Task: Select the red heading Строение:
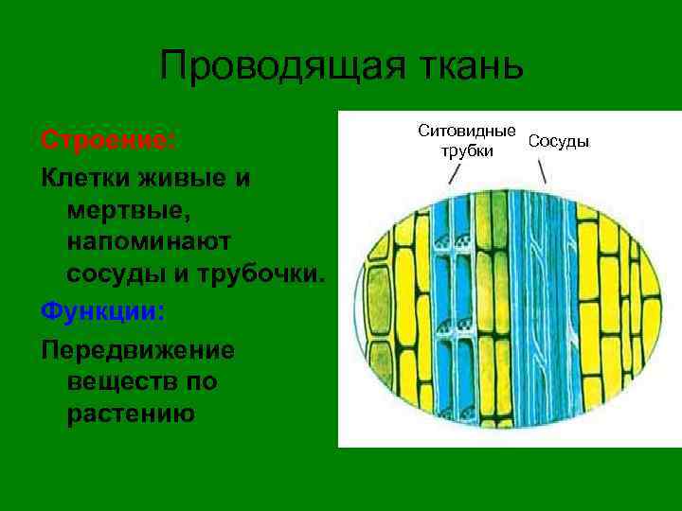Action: coord(107,140)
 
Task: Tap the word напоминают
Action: coord(150,241)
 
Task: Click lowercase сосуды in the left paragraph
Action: coord(116,273)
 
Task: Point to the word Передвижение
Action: coord(136,349)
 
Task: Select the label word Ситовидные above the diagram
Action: coord(467,132)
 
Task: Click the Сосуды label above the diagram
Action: coord(558,141)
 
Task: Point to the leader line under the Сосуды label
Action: coord(542,172)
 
